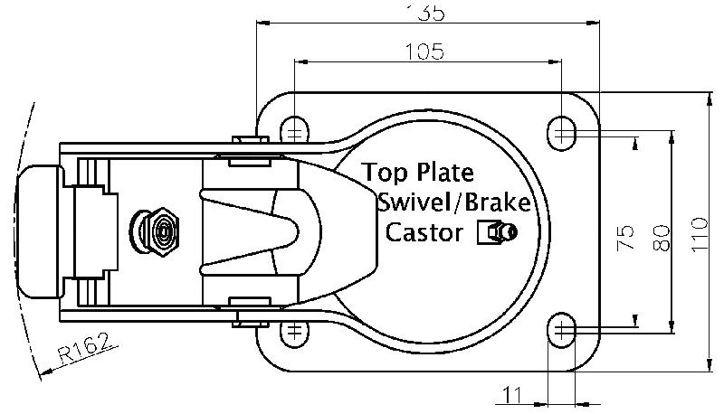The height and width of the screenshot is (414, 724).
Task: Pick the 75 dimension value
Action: coord(624,237)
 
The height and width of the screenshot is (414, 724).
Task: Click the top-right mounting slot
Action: coord(564,132)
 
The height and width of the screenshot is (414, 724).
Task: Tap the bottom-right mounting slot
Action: coord(564,330)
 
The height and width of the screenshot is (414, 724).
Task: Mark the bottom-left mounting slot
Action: coord(293,331)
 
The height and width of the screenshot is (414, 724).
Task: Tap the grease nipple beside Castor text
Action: coord(497,233)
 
